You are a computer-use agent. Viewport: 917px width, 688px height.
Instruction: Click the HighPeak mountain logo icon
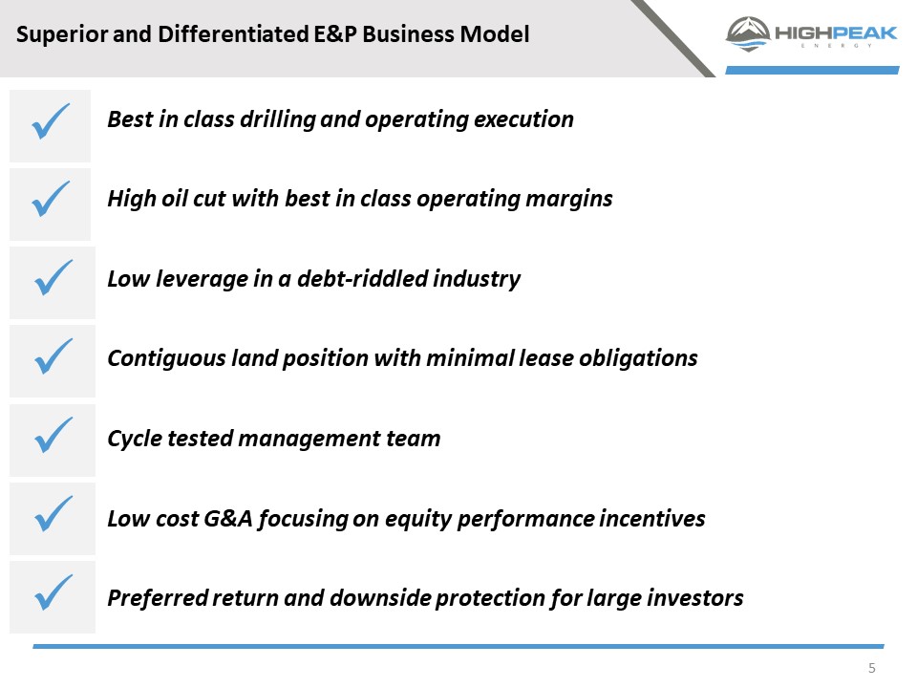pos(747,34)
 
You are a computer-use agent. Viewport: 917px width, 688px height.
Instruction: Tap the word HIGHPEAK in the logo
pos(836,32)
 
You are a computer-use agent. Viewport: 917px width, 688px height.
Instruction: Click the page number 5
pos(871,668)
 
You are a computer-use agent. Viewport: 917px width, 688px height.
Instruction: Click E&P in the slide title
pos(335,34)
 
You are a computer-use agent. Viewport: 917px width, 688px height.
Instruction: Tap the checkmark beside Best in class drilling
pos(51,121)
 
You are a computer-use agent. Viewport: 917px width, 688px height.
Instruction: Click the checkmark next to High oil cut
pos(51,199)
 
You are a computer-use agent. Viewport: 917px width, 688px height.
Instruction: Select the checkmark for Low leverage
pos(53,277)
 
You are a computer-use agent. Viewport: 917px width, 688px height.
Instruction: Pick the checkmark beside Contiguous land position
pos(53,355)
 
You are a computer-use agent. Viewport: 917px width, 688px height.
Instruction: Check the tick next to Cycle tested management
pos(53,435)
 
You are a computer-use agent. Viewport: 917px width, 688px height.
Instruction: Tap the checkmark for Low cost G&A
pos(53,513)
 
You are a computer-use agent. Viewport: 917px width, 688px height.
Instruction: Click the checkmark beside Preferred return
pos(53,592)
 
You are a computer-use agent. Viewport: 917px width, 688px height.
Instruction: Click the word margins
pos(569,200)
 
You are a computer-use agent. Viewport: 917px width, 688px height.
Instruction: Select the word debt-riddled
pos(362,278)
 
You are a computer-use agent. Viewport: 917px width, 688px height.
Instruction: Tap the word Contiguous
pos(166,358)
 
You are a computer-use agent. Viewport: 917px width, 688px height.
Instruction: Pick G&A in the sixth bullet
pos(228,518)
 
